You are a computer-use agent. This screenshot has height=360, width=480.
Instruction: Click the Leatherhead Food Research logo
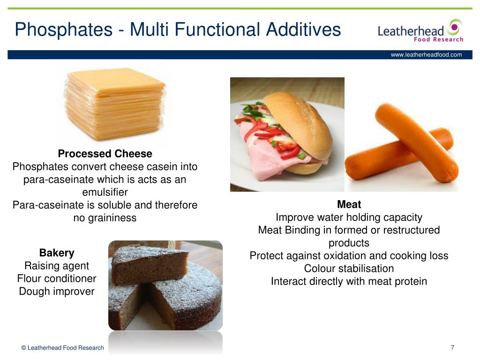420,31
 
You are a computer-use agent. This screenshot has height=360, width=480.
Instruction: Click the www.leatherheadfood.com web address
426,55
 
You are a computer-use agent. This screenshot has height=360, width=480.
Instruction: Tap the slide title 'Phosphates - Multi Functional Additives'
178,30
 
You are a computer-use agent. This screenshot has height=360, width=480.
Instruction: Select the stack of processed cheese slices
115,104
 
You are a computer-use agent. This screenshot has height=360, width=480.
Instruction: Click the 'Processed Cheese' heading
105,154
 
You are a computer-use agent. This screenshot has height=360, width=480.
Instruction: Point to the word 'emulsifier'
105,192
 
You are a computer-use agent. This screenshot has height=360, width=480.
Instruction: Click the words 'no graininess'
105,217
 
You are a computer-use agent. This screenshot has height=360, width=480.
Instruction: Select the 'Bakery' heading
57,253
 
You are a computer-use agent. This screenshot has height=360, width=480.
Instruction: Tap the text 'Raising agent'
57,266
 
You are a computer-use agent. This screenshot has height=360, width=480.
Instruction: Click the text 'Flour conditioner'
57,278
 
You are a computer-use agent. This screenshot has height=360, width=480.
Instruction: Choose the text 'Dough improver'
57,291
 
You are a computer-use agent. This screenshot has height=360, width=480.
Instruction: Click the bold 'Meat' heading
349,204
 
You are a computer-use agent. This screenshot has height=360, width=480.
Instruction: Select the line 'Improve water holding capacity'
349,217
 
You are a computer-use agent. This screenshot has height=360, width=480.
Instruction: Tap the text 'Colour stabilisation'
349,269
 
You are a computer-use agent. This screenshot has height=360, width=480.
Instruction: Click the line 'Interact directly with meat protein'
349,281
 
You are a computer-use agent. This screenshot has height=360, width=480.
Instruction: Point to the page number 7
452,347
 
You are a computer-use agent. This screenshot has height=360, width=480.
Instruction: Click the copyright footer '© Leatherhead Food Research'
63,348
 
